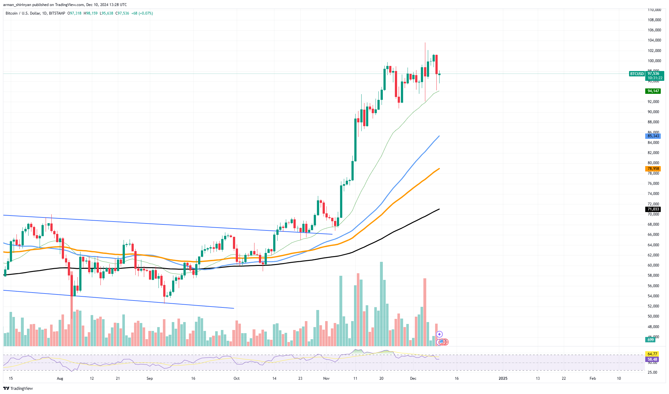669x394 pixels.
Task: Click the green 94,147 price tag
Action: (x=653, y=91)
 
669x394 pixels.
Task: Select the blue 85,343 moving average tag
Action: (x=653, y=136)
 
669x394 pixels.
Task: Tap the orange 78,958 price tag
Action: (x=653, y=169)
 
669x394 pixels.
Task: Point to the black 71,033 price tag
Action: (x=653, y=209)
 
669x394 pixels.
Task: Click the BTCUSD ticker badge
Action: (x=637, y=74)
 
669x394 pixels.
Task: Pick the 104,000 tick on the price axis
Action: (x=654, y=40)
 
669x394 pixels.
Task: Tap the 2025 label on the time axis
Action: (x=503, y=378)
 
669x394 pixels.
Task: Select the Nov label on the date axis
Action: (x=326, y=378)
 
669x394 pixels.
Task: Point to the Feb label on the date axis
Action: (x=592, y=378)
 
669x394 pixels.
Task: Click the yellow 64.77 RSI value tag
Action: (x=652, y=354)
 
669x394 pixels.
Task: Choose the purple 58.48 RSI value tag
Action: (x=652, y=359)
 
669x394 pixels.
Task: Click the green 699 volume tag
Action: (x=651, y=339)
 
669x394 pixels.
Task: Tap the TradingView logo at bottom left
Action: (x=18, y=388)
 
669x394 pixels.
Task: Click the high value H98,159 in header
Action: (x=91, y=13)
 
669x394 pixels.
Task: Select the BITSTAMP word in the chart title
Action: (x=57, y=13)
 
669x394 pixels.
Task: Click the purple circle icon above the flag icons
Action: (x=439, y=334)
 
